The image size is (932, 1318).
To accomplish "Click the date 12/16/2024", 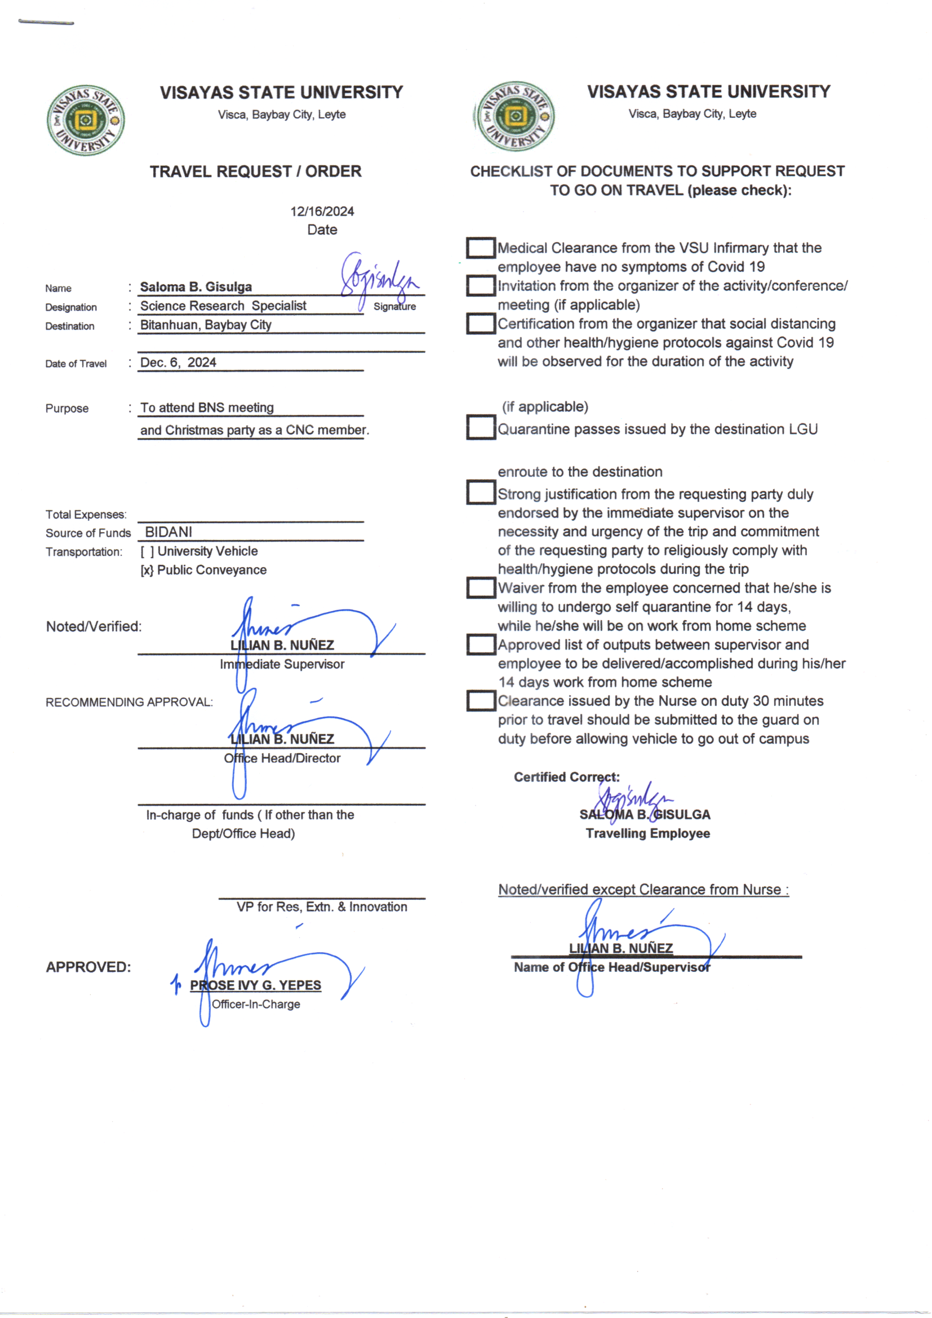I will point(322,212).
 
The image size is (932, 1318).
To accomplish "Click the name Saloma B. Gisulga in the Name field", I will point(196,287).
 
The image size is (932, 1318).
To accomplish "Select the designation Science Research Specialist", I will point(223,306).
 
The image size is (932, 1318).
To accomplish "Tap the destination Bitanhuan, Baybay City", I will point(206,325).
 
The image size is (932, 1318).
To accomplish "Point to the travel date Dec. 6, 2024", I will point(178,363).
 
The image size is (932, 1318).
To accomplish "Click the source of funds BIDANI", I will point(168,532).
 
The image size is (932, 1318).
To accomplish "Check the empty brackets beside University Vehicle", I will point(148,552).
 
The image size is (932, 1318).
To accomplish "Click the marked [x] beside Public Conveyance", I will point(147,570).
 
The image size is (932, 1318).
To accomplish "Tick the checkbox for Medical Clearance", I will point(480,248).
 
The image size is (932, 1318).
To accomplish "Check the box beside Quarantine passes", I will point(480,428).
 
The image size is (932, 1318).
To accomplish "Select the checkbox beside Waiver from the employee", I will point(480,588).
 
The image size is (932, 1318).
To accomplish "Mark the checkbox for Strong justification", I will point(480,493).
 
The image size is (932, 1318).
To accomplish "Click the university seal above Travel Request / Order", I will point(86,121).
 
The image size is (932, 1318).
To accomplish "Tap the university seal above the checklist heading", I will point(515,117).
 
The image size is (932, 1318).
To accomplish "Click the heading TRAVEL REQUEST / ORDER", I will point(255,171).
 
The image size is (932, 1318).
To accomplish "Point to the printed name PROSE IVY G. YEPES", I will point(255,985).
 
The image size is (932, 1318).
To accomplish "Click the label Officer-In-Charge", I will point(256,1005).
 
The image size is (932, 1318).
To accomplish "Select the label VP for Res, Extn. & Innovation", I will point(321,907).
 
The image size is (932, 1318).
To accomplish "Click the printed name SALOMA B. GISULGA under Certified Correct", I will point(645,815).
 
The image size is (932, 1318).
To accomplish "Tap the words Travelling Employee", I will point(647,834).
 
